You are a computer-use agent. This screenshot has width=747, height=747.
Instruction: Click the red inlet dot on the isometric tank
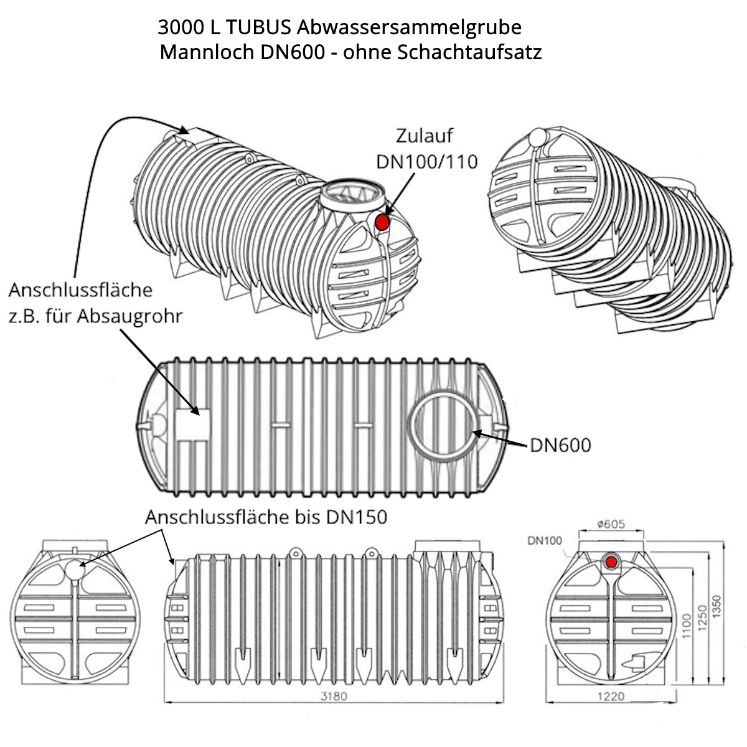pos(382,222)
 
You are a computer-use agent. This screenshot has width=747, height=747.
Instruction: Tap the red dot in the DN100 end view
pos(611,561)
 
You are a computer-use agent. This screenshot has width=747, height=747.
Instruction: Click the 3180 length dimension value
pos(333,696)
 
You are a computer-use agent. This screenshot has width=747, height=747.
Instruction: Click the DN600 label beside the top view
pos(560,445)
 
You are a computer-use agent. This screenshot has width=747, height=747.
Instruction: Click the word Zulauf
pos(425,136)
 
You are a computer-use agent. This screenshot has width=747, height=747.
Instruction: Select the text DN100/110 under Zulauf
pos(427,161)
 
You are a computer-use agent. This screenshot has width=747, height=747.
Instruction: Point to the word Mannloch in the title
pos(204,52)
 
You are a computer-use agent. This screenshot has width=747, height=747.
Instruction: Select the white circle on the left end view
pos(74,570)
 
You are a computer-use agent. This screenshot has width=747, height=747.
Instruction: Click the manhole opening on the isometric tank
pos(352,193)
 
